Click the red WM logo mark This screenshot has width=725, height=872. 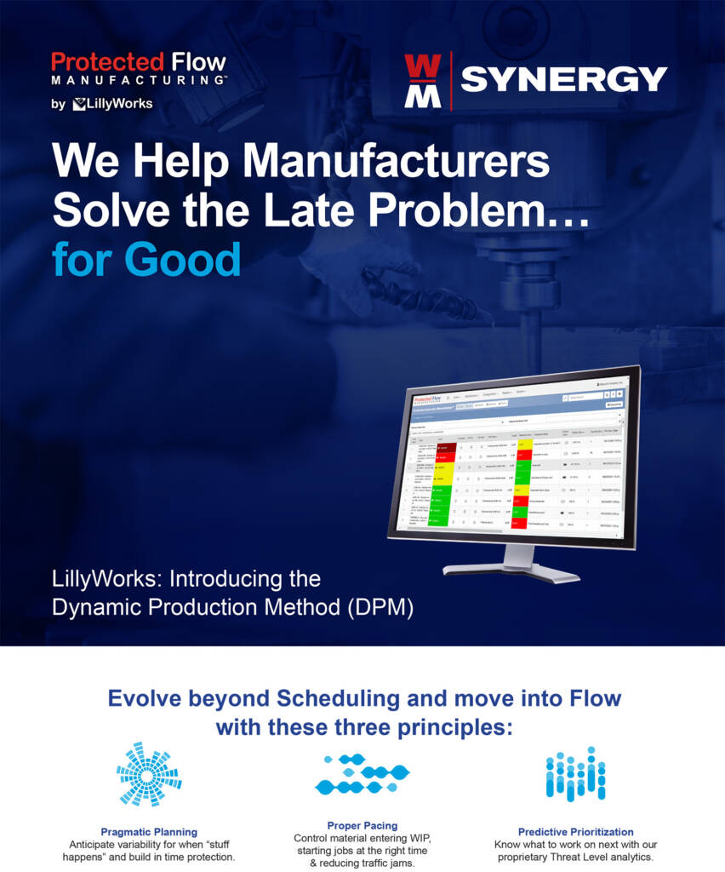pyautogui.click(x=422, y=81)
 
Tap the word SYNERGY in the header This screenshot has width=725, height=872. pyautogui.click(x=563, y=79)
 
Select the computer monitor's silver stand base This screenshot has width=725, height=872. pyautogui.click(x=511, y=568)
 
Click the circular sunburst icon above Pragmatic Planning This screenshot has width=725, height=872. pyautogui.click(x=149, y=773)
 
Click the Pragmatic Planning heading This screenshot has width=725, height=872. pyautogui.click(x=149, y=832)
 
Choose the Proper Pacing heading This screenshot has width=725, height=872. pyautogui.click(x=362, y=825)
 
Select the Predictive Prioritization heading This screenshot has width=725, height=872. pyautogui.click(x=575, y=832)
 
